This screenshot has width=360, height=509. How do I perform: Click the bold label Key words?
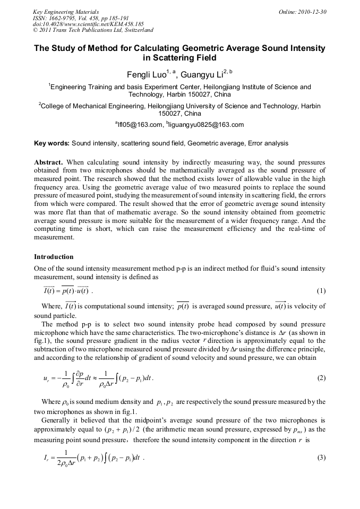(52, 143)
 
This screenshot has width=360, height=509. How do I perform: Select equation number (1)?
(321, 291)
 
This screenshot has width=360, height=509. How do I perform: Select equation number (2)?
(321, 378)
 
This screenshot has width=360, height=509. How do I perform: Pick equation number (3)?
(321, 458)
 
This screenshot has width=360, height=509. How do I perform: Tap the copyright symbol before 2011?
(36, 30)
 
